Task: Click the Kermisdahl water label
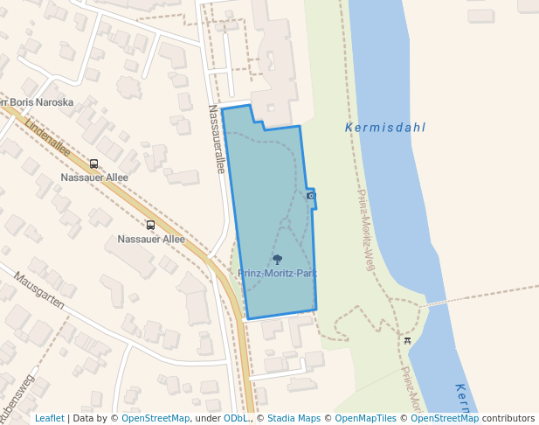pos(385,128)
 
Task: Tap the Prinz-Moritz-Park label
pos(277,274)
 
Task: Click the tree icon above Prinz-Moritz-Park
pos(278,259)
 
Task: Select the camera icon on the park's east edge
pos(311,195)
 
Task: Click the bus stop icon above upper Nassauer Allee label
pos(94,164)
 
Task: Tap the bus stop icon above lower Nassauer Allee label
pos(150,225)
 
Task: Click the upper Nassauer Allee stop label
pos(94,178)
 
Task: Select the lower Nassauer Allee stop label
pos(151,239)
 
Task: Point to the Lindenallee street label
pos(49,136)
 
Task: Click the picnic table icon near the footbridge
pos(407,339)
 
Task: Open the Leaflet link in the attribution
pos(50,419)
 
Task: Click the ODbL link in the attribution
pos(235,419)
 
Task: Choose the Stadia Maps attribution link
pos(294,419)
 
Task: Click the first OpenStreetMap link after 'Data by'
pos(155,419)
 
